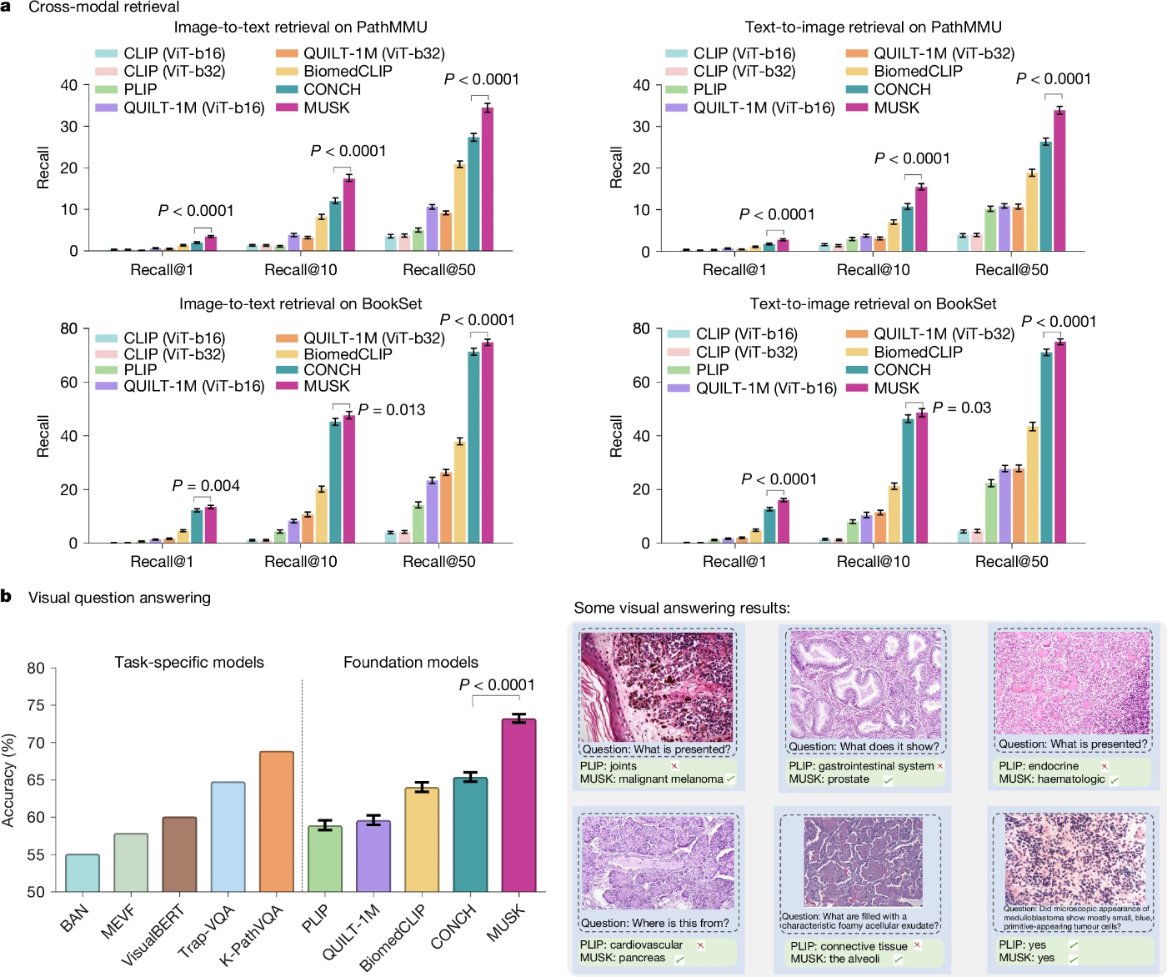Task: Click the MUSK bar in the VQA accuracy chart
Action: point(518,805)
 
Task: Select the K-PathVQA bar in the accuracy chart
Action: point(276,821)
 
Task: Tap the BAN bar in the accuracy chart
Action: point(83,873)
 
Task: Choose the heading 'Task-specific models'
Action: point(189,663)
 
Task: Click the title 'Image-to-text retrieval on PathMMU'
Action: point(300,28)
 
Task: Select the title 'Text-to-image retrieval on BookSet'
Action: point(873,304)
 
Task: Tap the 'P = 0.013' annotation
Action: point(392,410)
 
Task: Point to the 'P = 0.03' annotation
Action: point(962,408)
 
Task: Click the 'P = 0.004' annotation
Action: point(206,486)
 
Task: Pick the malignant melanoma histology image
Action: point(657,687)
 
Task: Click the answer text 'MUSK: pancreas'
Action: point(623,958)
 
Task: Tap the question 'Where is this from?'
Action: point(654,923)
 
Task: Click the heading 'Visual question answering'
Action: point(119,598)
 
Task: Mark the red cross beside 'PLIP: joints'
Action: point(674,766)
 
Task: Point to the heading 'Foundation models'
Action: point(411,663)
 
